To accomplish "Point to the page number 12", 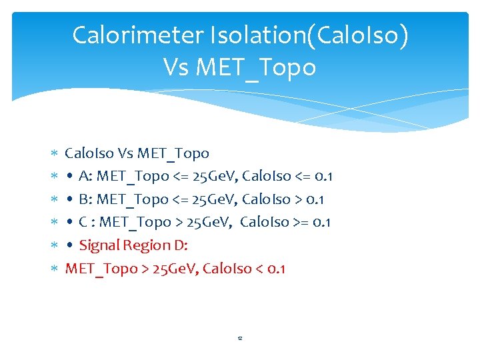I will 239,339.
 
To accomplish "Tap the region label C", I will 83,222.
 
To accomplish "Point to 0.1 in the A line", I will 324,176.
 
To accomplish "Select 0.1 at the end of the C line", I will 322,222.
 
